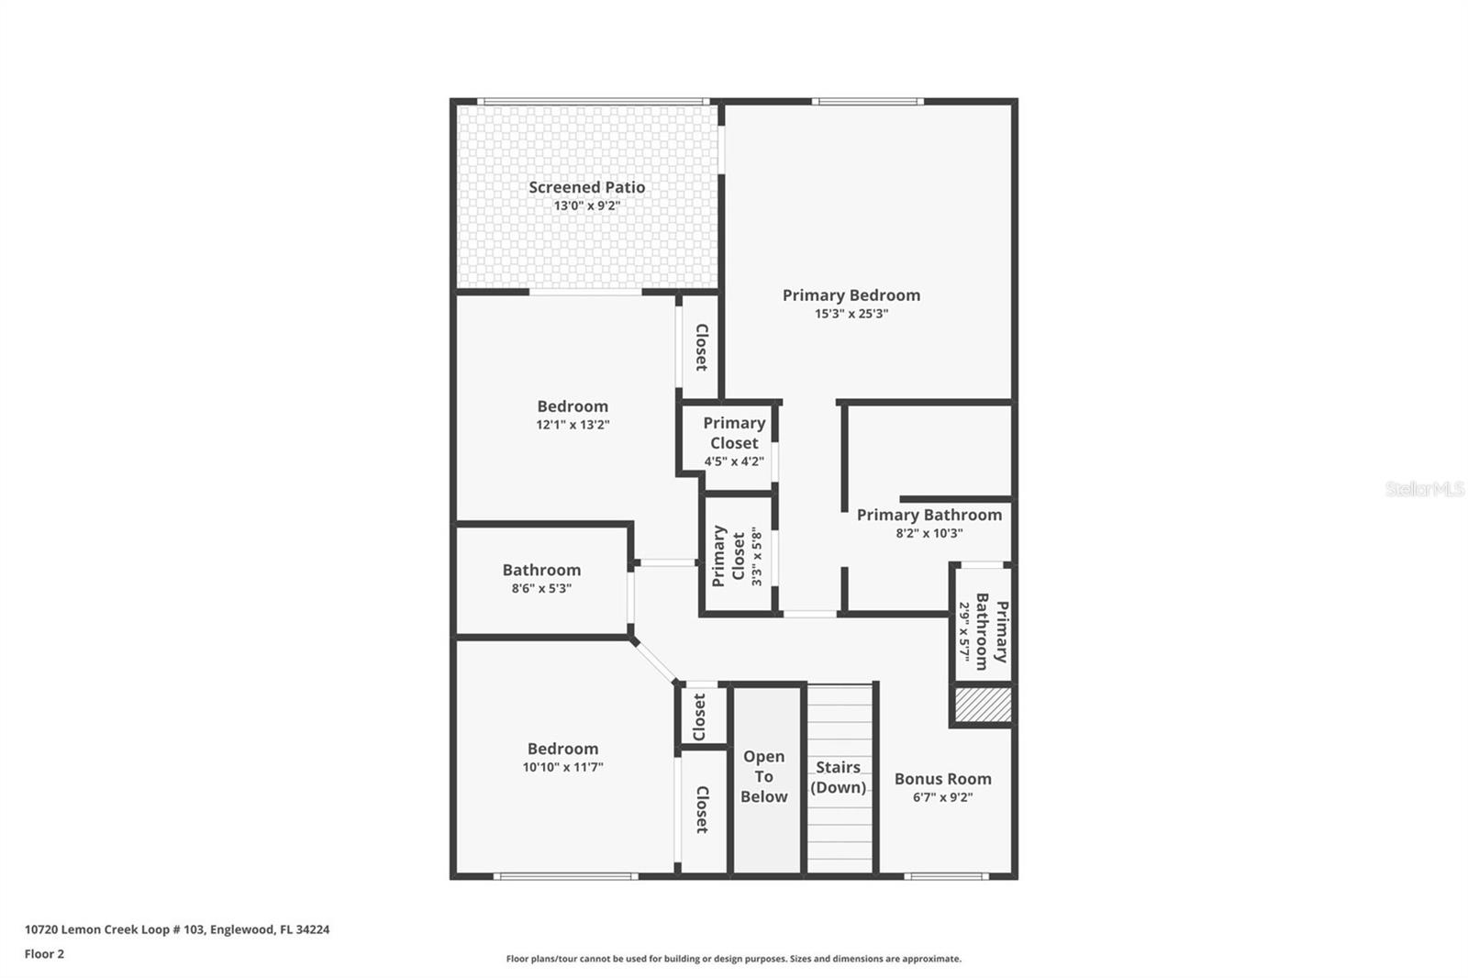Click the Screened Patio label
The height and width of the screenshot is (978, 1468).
point(586,187)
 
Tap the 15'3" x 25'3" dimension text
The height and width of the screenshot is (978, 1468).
point(851,314)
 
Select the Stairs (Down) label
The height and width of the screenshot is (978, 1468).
point(839,777)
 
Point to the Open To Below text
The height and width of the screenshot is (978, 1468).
point(763,777)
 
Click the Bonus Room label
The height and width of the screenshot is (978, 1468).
point(942,779)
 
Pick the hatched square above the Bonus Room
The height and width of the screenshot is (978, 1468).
point(983,705)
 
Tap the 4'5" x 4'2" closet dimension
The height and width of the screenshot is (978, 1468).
point(734,461)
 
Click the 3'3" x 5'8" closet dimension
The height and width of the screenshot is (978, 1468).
point(757,556)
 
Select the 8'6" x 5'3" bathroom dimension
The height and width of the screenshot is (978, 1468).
point(541,589)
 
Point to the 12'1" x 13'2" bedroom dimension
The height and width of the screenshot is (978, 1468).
point(573,425)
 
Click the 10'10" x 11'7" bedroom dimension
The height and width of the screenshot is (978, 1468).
point(563,767)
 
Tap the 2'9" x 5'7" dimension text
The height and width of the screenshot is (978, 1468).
point(964,632)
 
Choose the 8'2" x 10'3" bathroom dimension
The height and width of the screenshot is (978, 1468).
point(929,534)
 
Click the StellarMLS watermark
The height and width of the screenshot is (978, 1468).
point(1424,489)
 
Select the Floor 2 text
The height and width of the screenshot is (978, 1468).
point(45,954)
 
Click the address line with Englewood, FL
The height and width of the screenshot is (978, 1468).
point(177,929)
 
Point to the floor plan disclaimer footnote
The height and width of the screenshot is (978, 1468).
point(733,959)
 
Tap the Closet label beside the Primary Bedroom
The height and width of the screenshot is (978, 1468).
point(701,348)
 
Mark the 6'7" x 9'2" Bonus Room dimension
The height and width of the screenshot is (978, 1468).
point(942,798)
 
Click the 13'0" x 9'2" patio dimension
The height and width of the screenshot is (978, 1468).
point(586,206)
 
